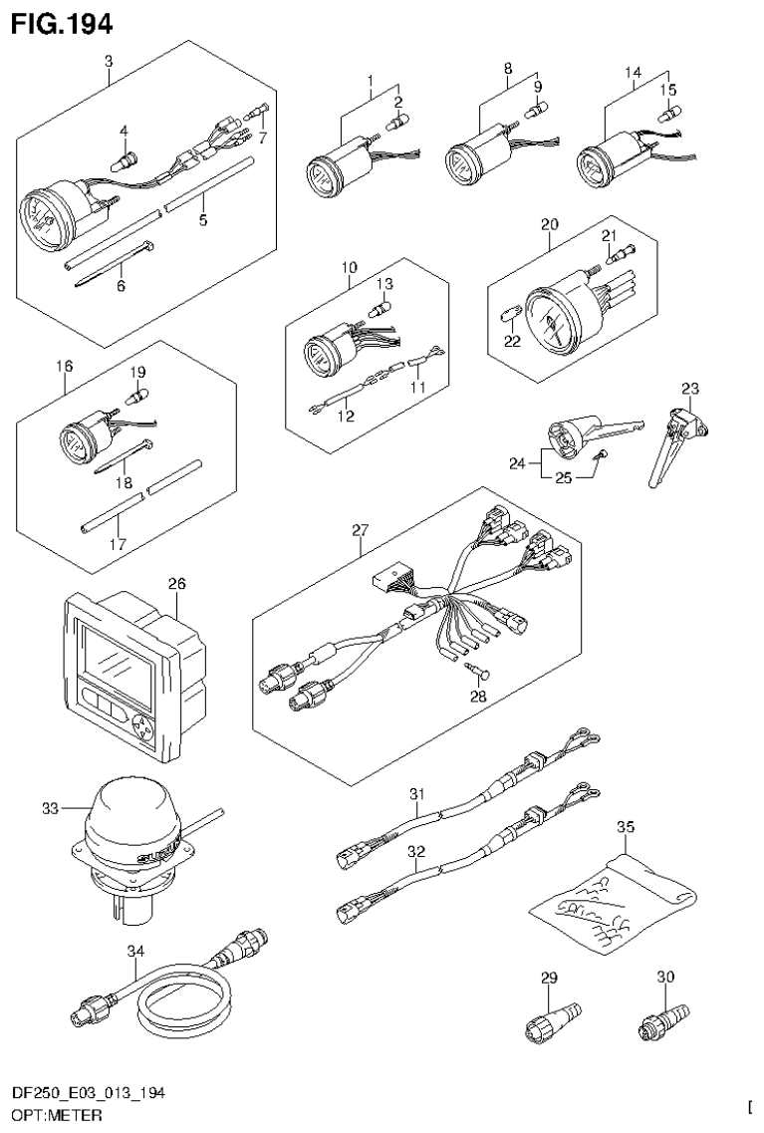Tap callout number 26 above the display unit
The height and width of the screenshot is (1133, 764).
click(x=176, y=583)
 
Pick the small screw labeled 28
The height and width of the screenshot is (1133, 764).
click(x=471, y=675)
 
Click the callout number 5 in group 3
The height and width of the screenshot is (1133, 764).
click(x=202, y=219)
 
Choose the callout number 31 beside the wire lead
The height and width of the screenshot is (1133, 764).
click(x=417, y=793)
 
